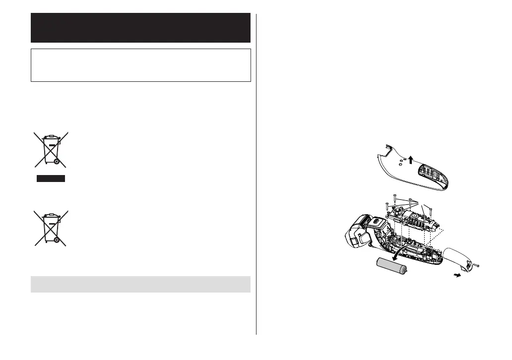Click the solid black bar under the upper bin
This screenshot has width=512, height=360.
click(x=51, y=179)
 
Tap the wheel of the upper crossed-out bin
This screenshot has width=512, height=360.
click(x=57, y=162)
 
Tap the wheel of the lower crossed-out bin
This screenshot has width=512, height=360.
click(x=57, y=240)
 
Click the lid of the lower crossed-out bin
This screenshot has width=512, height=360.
click(x=50, y=216)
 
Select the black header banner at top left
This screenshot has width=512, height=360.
click(x=140, y=28)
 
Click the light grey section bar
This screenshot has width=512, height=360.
click(x=140, y=284)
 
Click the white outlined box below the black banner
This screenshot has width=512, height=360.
click(x=140, y=65)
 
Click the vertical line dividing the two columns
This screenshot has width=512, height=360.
click(x=256, y=174)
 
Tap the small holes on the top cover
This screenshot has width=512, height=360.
click(x=401, y=162)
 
